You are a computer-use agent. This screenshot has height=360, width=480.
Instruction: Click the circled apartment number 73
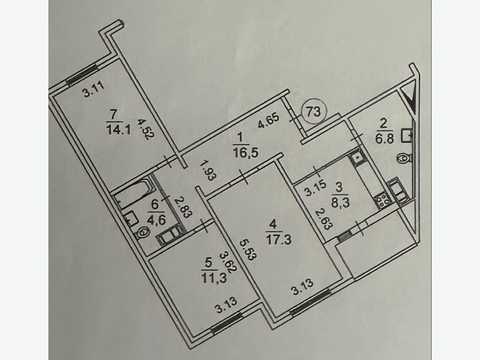tap(313, 112)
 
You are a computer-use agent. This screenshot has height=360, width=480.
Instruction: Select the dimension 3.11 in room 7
tap(94, 89)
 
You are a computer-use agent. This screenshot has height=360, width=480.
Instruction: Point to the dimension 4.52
tap(144, 128)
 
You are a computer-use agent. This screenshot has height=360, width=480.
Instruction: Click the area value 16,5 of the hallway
tap(246, 152)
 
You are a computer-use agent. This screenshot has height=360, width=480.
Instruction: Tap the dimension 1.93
tap(206, 171)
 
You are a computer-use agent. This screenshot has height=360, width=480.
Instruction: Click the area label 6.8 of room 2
tap(384, 138)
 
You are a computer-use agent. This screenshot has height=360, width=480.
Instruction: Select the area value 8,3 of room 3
tap(340, 202)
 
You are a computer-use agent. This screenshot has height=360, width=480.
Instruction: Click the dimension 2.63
tap(323, 218)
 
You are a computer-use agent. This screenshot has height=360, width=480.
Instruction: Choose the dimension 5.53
tap(248, 250)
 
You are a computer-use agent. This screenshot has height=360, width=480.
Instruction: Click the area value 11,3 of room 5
tap(214, 277)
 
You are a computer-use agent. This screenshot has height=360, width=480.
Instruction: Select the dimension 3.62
tap(228, 262)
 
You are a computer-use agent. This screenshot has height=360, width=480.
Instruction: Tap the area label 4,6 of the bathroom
tap(156, 220)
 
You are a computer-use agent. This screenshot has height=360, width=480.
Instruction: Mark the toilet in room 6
tap(144, 232)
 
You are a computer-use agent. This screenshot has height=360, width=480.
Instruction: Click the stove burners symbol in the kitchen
tap(383, 202)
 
